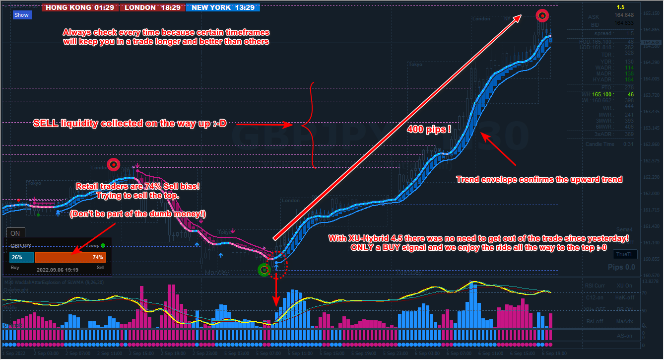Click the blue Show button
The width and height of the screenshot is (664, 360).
click(x=21, y=15)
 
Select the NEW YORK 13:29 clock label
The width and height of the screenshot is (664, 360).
click(x=223, y=7)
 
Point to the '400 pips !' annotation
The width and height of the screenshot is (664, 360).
click(x=429, y=130)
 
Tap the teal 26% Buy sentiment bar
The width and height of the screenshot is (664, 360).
click(x=21, y=258)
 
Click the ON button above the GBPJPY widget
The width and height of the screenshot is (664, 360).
click(x=15, y=233)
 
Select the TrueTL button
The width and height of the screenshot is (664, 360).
click(x=624, y=254)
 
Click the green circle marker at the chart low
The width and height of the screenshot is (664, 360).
click(x=264, y=270)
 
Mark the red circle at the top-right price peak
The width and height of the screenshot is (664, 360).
click(x=542, y=16)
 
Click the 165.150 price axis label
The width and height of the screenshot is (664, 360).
click(x=653, y=13)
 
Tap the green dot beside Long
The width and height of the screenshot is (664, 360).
click(x=103, y=245)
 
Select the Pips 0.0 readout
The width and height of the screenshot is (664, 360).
click(x=621, y=267)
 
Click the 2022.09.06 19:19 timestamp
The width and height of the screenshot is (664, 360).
click(x=57, y=269)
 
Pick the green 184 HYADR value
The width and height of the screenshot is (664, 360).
click(x=629, y=79)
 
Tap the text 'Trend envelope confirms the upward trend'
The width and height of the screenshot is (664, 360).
click(x=539, y=179)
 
